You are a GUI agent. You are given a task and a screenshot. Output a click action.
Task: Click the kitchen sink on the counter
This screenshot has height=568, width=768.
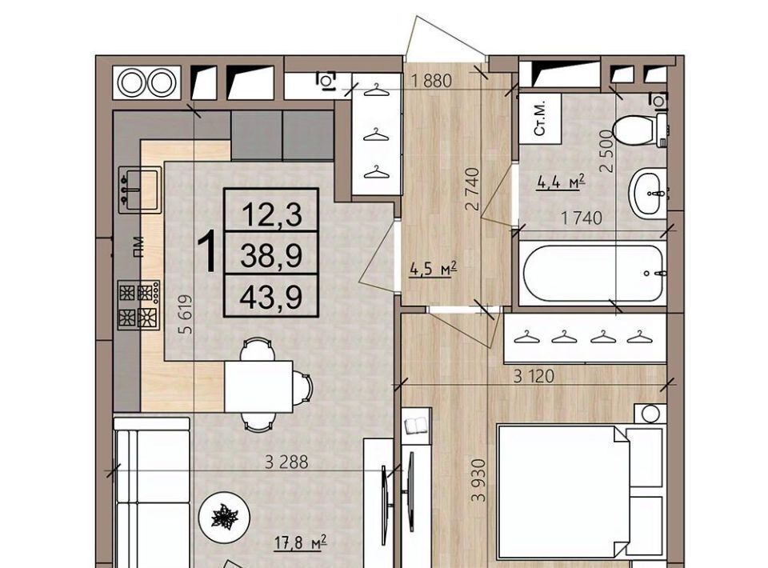pos(140,190)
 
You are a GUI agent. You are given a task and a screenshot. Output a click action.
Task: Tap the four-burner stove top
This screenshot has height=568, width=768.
pos(139,305)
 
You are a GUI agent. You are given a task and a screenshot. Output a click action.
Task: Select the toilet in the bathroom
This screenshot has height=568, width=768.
pos(640,130)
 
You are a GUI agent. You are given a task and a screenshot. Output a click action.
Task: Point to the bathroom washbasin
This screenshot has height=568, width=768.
pos(647,193)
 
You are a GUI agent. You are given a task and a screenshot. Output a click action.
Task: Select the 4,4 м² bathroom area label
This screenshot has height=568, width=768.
pos(562,182)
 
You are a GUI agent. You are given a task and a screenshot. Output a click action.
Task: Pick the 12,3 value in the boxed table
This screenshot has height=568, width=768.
pos(272,215)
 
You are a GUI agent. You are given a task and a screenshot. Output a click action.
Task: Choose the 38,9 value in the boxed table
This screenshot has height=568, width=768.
pos(271,256)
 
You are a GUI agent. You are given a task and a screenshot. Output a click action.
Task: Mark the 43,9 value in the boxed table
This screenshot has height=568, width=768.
pos(271,298)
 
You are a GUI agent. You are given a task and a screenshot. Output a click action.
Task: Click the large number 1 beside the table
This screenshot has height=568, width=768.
pos(208,253)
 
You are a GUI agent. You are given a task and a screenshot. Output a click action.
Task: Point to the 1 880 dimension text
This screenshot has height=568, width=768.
pos(431,81)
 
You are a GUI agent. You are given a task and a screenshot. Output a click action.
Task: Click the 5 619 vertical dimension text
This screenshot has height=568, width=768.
pos(186,314)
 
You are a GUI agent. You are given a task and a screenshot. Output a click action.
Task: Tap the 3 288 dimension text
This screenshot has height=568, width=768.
pos(286,462)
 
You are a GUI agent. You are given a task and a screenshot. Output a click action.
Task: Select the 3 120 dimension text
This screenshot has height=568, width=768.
pos(534,376)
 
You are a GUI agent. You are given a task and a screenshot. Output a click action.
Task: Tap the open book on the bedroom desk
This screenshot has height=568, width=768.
pos(416,425)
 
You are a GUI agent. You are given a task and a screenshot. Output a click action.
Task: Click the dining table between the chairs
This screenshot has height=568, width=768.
pos(258,386)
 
